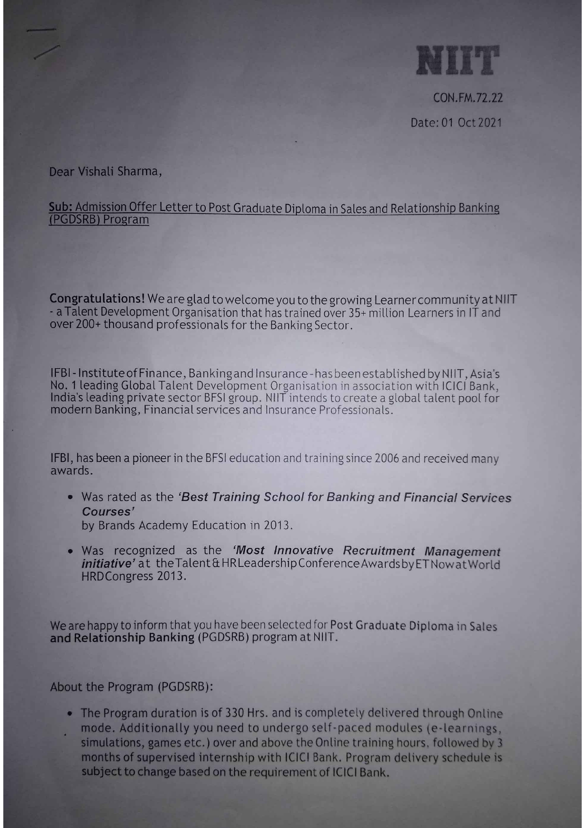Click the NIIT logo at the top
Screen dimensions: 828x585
click(x=457, y=60)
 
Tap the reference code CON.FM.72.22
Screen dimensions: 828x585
click(x=468, y=98)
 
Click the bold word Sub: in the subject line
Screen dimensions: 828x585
click(x=60, y=207)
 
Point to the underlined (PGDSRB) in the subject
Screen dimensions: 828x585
click(x=75, y=220)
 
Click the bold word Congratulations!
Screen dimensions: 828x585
click(x=97, y=299)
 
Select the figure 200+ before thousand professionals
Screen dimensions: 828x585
click(x=88, y=325)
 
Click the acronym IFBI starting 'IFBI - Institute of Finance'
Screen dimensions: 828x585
click(x=59, y=374)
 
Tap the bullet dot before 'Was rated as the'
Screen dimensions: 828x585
click(x=70, y=497)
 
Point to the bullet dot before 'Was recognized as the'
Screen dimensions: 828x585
click(x=70, y=551)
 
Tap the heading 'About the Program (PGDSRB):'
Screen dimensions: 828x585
click(x=132, y=687)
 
